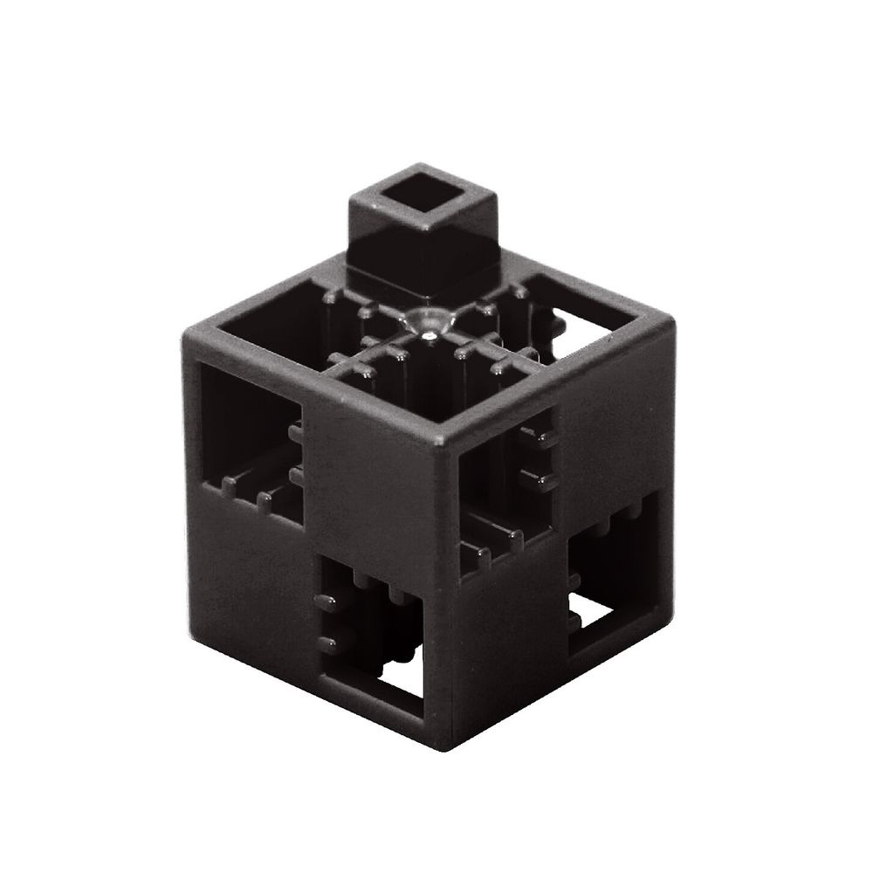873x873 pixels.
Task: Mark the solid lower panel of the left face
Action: [x=253, y=567]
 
